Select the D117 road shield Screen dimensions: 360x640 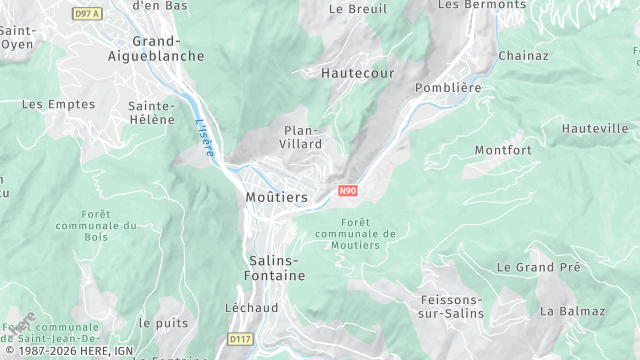pos(240,340)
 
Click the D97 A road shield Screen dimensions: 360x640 pos(87,13)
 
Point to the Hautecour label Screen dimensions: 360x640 pos(358,74)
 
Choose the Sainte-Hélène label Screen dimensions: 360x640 pos(152,112)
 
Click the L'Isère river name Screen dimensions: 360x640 pos(205,138)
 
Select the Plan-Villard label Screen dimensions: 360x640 pos(303,137)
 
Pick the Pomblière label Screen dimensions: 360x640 pos(448,88)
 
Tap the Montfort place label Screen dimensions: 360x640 pos(503,150)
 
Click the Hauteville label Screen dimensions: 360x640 pos(595,129)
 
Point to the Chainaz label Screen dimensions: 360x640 pos(524,56)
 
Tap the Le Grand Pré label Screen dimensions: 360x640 pos(539,268)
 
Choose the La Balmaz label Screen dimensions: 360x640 pos(573,311)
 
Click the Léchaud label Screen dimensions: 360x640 pos(252,308)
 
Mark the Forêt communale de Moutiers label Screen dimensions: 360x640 pos(355,234)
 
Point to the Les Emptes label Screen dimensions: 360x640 pos(58,104)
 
